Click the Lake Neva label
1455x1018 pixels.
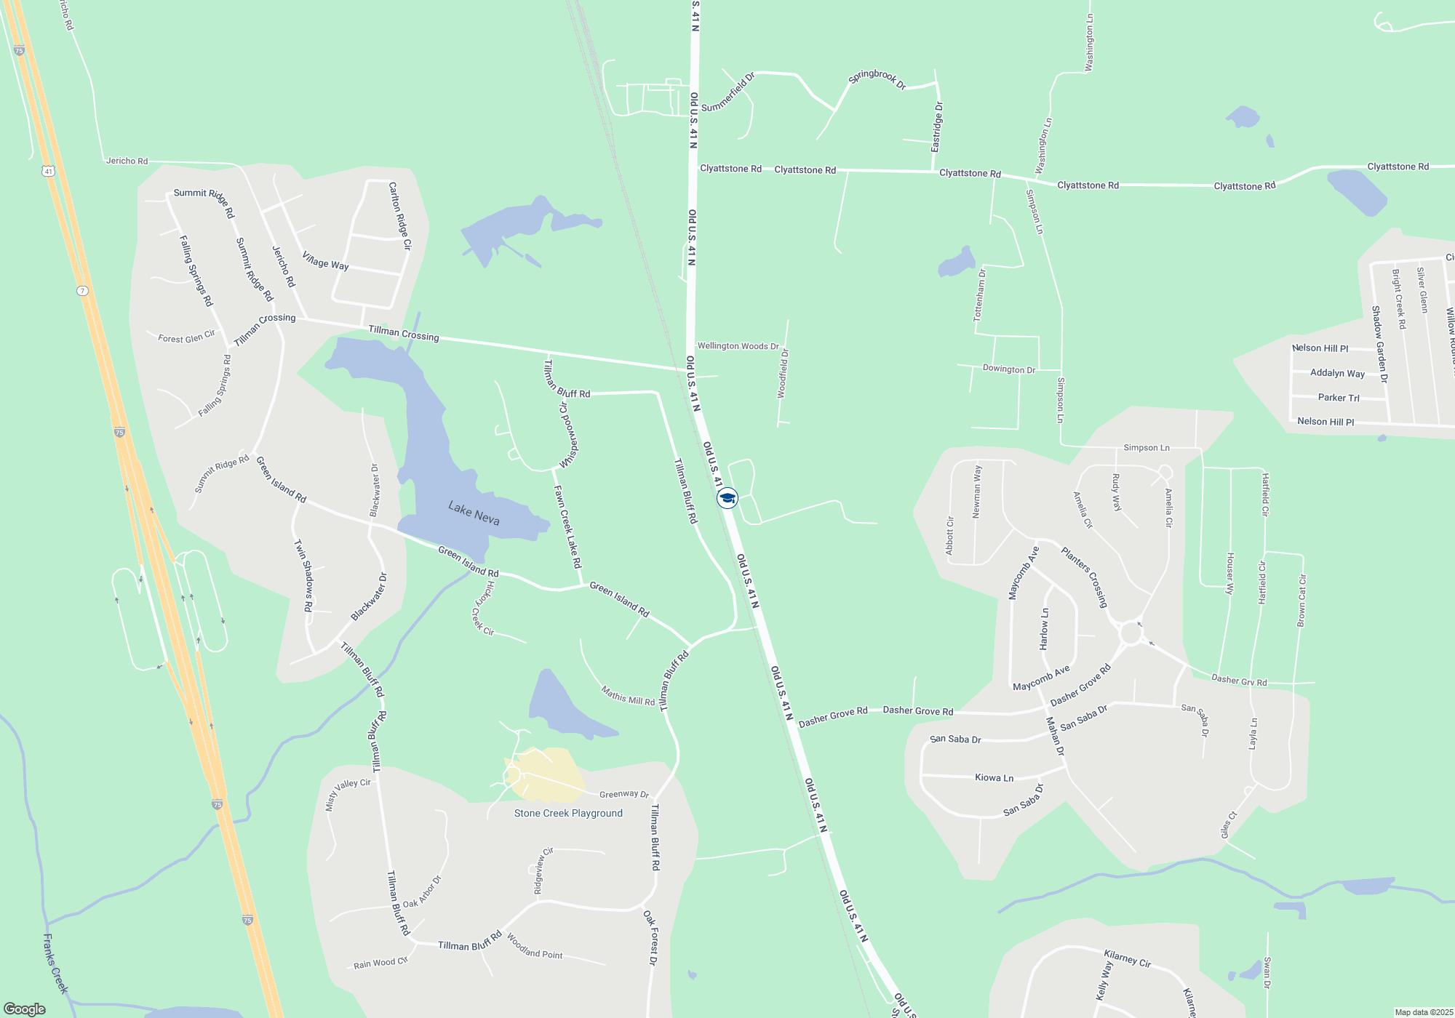(x=474, y=513)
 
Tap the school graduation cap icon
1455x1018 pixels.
(x=727, y=498)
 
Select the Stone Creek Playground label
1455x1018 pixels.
(x=568, y=813)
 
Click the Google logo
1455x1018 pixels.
(x=25, y=1009)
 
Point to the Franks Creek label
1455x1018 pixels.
(x=55, y=963)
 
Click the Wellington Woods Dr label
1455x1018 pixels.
(x=738, y=346)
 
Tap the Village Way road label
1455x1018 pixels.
(x=325, y=261)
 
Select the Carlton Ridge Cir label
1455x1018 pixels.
(x=400, y=216)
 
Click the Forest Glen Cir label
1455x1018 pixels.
(x=186, y=337)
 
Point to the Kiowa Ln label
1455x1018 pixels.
(x=994, y=777)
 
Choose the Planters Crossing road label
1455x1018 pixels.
(x=1084, y=577)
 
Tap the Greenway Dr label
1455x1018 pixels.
(x=623, y=794)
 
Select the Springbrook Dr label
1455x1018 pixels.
(x=877, y=79)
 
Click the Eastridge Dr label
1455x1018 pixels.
(x=937, y=127)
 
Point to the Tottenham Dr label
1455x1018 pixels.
(x=980, y=295)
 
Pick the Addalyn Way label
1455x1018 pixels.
(x=1337, y=373)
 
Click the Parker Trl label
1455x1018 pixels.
(x=1339, y=398)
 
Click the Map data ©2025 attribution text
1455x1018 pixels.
(x=1424, y=1012)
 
